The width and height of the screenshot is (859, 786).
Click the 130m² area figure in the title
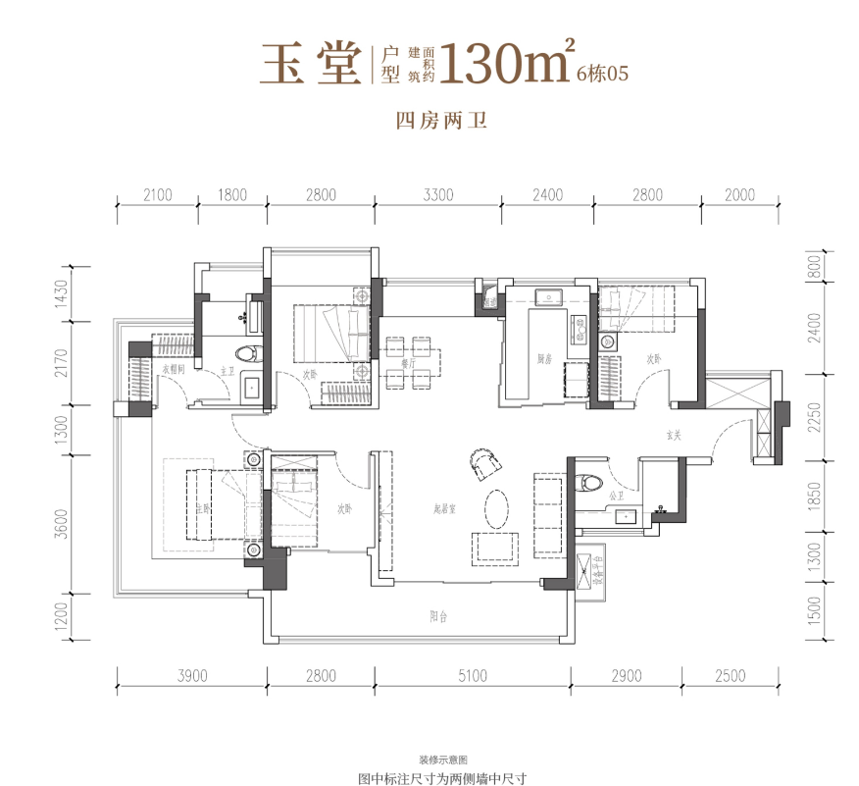pos(506,63)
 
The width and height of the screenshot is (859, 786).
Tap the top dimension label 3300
pos(438,195)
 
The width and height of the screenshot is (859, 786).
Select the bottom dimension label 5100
pos(472,675)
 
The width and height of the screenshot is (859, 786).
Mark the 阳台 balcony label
pos(439,617)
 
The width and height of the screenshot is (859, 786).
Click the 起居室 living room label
pos(446,508)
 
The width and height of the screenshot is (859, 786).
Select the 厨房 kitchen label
pos(543,360)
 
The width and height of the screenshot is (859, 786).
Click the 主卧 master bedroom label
pos(203,508)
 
